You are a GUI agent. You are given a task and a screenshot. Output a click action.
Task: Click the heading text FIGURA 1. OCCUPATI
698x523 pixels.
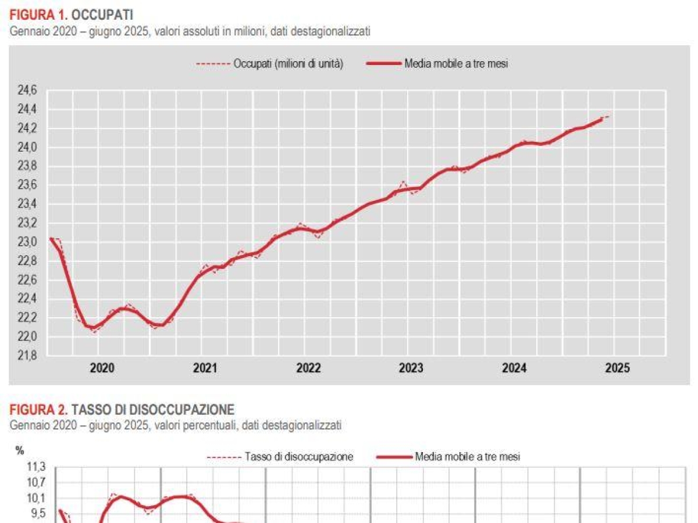[71, 15]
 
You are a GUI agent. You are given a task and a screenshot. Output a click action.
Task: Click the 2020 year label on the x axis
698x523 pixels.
[102, 368]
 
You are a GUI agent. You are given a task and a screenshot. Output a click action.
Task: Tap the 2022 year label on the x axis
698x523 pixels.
[308, 368]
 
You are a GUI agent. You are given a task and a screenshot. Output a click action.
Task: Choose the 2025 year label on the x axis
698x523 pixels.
[617, 368]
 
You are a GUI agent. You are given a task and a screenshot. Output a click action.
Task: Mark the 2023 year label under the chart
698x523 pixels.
[411, 368]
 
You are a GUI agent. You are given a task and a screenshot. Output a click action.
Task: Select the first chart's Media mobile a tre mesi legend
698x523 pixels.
[456, 64]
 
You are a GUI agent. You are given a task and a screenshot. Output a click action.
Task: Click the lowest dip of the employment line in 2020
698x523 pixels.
[93, 329]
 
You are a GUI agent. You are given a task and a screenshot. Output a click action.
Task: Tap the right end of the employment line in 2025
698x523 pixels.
[608, 117]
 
